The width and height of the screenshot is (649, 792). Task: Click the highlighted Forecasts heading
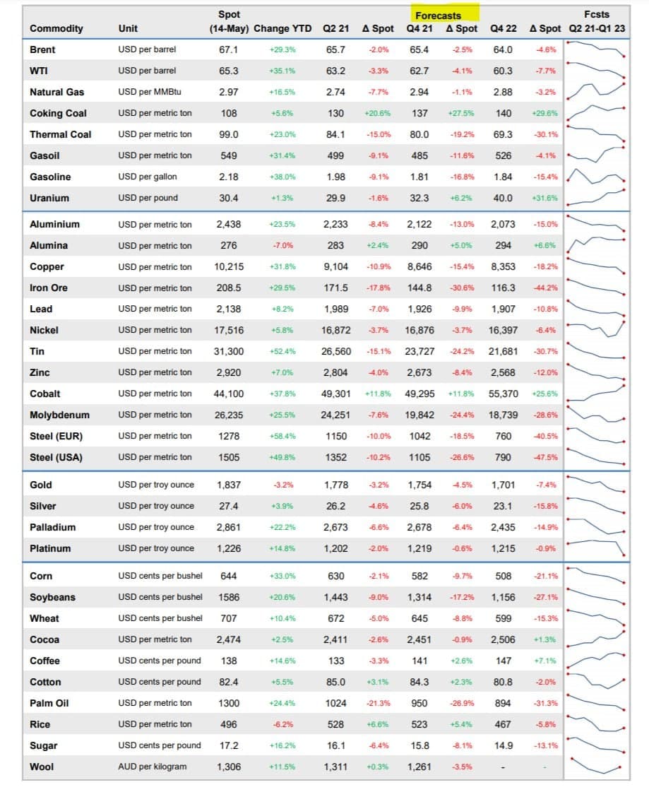pos(438,16)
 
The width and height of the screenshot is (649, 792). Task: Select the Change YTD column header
pos(282,29)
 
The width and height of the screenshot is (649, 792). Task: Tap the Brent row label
pos(42,49)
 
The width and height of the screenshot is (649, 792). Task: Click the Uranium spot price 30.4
pos(229,198)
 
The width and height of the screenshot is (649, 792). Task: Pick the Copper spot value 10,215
pos(229,266)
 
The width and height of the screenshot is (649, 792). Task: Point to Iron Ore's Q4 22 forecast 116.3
pos(503,288)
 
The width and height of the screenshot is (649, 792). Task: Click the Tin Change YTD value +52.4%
pos(282,352)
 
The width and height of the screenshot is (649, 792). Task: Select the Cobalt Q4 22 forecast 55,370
pos(503,394)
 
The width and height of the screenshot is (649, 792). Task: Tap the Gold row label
pos(41,485)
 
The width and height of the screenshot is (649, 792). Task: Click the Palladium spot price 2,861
pos(229,527)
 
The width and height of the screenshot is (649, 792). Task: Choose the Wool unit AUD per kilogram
pos(153,767)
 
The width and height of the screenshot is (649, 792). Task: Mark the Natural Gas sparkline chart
pos(596,90)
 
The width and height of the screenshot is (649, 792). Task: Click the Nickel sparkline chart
pos(596,329)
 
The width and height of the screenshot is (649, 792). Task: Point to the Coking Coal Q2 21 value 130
pos(335,114)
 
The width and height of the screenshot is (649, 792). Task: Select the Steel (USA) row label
pos(56,458)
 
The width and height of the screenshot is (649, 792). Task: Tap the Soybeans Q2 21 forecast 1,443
pos(335,597)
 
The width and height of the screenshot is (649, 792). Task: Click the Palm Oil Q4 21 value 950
pos(419,703)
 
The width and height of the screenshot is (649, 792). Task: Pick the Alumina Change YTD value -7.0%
pos(282,245)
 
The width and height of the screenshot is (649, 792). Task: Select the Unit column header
pos(128,29)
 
